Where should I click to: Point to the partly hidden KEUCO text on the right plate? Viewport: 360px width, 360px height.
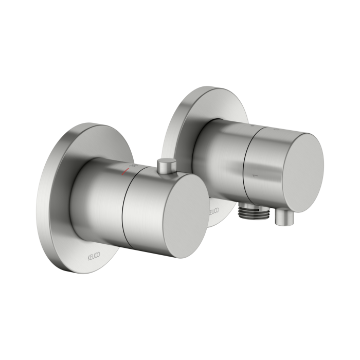pyautogui.click(x=214, y=211)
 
